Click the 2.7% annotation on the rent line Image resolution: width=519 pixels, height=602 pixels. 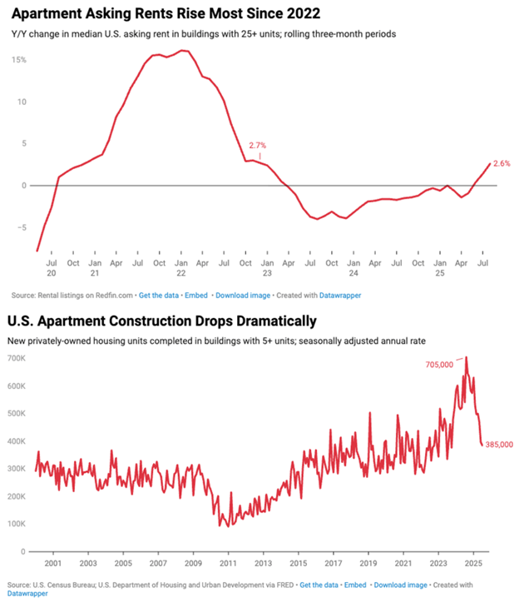pyautogui.click(x=257, y=145)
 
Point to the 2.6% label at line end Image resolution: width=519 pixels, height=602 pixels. pyautogui.click(x=502, y=163)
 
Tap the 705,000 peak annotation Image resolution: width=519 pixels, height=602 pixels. pyautogui.click(x=439, y=365)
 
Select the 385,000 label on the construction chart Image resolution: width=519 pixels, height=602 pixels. pyautogui.click(x=499, y=444)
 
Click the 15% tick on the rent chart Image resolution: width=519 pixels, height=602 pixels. pyautogui.click(x=19, y=60)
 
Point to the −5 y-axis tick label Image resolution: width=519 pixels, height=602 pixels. pyautogui.click(x=22, y=227)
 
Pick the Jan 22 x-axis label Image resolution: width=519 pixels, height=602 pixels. pyautogui.click(x=181, y=267)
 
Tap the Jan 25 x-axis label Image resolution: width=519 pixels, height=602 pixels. pyautogui.click(x=440, y=267)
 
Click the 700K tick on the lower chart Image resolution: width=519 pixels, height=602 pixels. pyautogui.click(x=17, y=358)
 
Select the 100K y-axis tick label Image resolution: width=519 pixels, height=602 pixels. pyautogui.click(x=17, y=524)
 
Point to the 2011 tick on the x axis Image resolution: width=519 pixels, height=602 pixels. pyautogui.click(x=228, y=563)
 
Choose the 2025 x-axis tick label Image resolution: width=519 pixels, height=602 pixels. pyautogui.click(x=473, y=563)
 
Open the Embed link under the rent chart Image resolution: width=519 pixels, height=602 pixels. pyautogui.click(x=196, y=296)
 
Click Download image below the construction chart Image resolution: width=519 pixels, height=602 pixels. pyautogui.click(x=400, y=585)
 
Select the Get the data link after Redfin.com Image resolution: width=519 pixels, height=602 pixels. pyautogui.click(x=159, y=296)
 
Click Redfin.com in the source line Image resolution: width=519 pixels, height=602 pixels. pyautogui.click(x=114, y=296)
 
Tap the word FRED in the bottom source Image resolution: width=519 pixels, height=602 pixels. pyautogui.click(x=284, y=585)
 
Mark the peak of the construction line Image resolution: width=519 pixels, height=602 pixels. pyautogui.click(x=466, y=356)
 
